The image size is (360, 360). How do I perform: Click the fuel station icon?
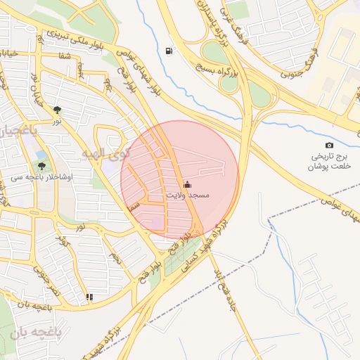point(168,51)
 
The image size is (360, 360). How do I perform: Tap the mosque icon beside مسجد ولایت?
point(186,186)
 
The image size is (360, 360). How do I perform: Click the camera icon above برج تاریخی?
point(329,145)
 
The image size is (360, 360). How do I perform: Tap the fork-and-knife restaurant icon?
point(89,297)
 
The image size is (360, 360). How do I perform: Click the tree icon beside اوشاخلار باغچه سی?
point(42,167)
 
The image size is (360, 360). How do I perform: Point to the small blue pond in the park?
point(41,155)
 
